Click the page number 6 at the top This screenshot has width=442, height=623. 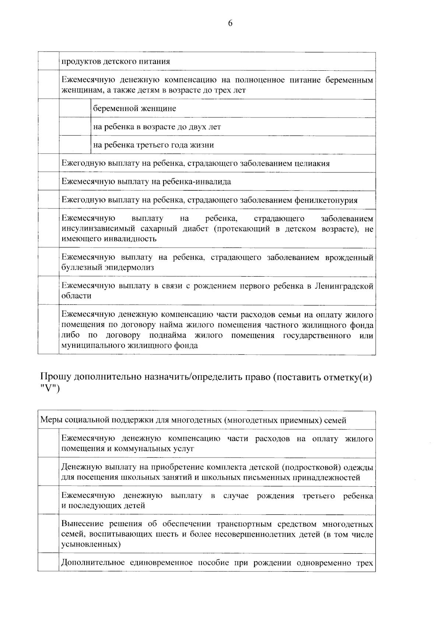tap(230, 24)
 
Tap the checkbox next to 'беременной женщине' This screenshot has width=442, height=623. tap(75, 108)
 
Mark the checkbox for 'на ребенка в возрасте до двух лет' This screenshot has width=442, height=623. tap(75, 127)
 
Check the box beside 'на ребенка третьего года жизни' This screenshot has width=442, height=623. tap(75, 145)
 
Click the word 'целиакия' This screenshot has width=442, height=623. tap(313, 163)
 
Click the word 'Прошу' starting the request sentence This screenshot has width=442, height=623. tap(55, 378)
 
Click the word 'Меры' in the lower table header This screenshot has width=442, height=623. tap(51, 420)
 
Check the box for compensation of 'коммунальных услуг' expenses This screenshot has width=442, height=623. tap(48, 444)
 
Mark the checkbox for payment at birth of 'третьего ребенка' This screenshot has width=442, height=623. tap(48, 500)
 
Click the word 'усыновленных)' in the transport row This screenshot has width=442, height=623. tap(91, 544)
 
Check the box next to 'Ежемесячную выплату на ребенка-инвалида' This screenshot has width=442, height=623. tap(48, 182)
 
